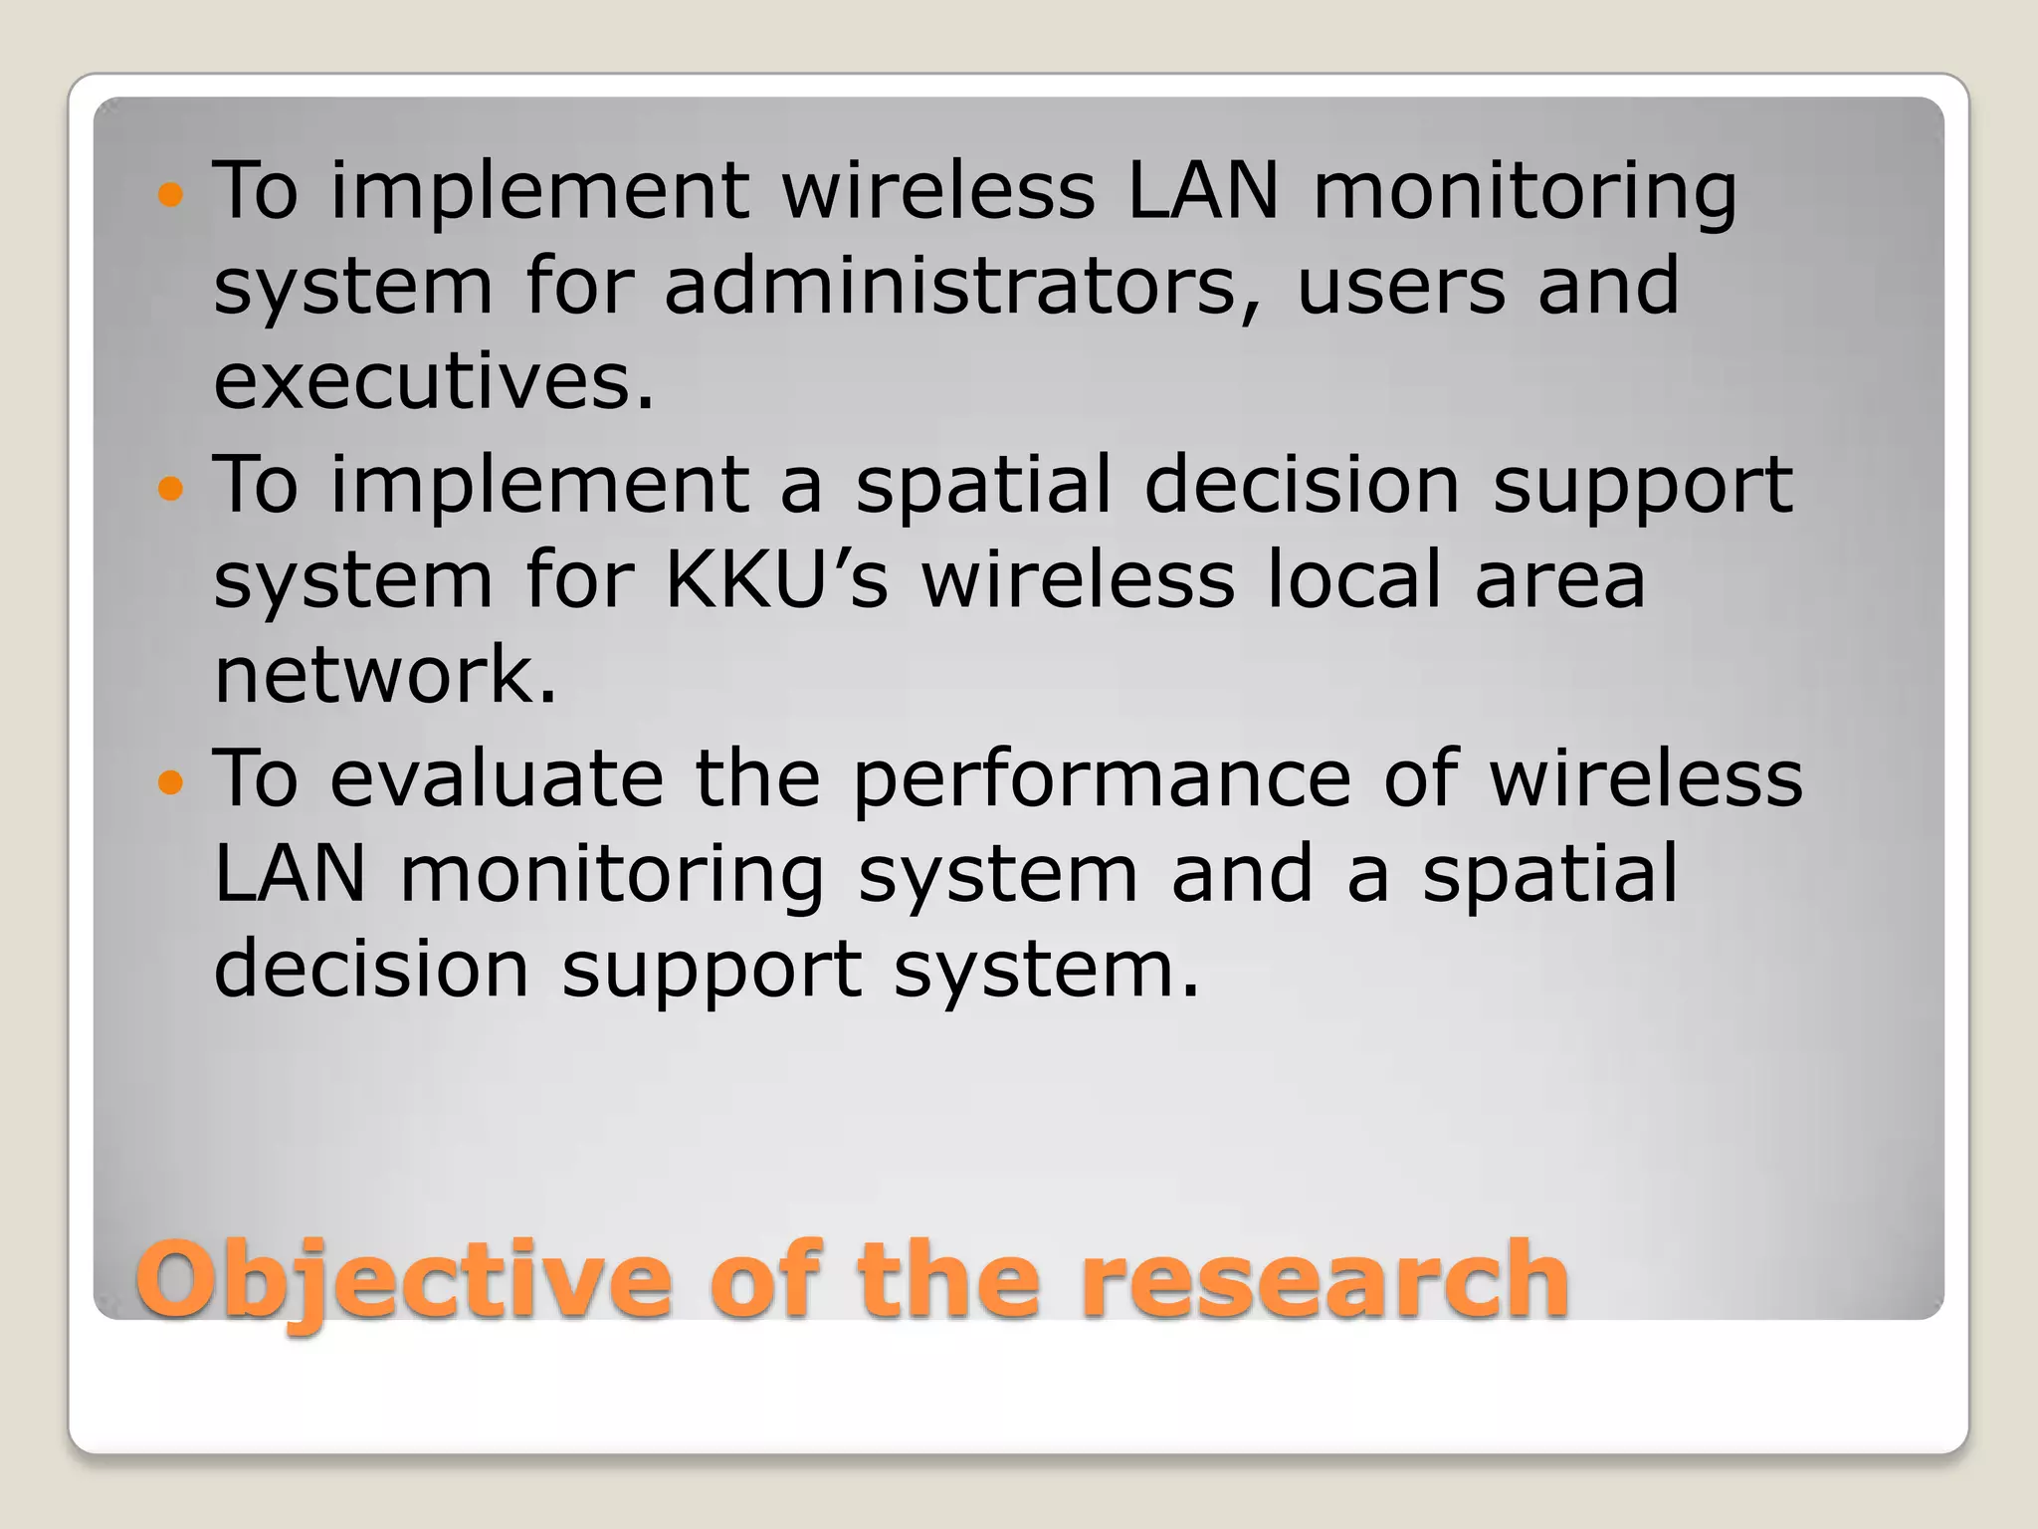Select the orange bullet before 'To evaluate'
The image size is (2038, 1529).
171,782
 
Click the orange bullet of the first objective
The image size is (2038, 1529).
171,194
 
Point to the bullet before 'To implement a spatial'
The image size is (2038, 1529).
171,489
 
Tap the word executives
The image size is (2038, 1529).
435,382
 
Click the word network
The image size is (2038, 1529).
385,675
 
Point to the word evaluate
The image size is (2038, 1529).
496,778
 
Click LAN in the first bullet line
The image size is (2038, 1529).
1202,191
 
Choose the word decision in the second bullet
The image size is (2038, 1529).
1302,484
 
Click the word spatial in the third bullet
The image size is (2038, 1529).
1549,874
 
